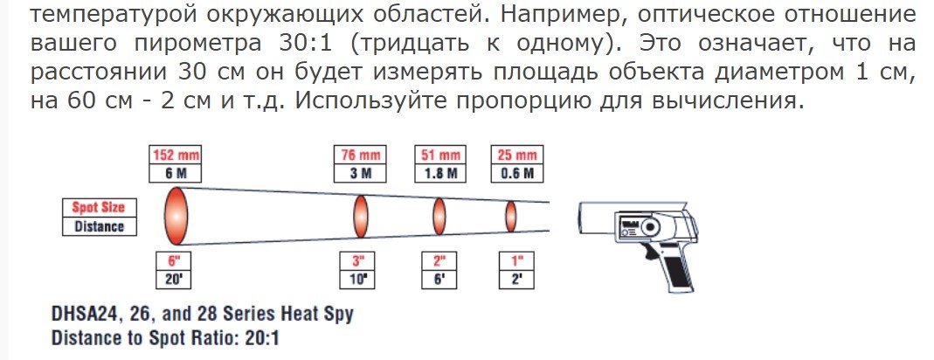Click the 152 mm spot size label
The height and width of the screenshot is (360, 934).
tap(176, 155)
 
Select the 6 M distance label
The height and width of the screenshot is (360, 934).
tap(176, 172)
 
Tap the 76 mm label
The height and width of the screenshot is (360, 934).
tap(359, 155)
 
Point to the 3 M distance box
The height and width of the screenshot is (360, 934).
tap(359, 172)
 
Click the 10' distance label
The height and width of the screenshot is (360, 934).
tap(357, 279)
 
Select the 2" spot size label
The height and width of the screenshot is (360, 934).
tap(439, 260)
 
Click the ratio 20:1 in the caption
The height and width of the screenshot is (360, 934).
tap(257, 336)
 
